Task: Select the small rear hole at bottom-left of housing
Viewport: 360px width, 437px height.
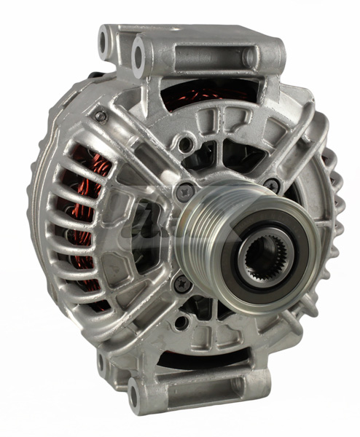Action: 103,361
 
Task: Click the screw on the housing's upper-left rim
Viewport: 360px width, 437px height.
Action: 100,116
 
